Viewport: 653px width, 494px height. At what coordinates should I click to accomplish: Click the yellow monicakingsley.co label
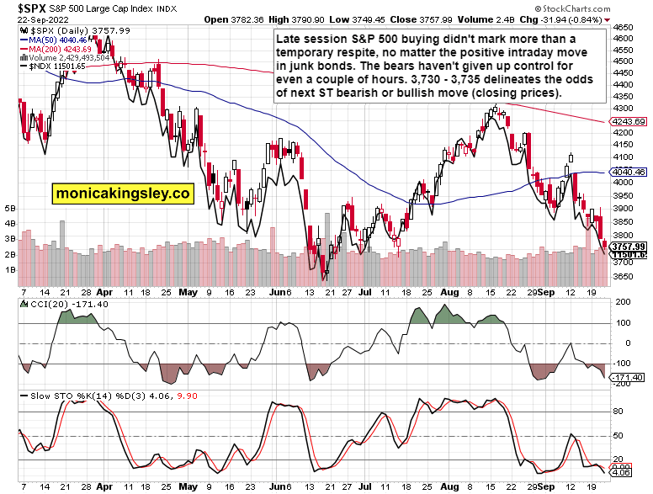pyautogui.click(x=123, y=194)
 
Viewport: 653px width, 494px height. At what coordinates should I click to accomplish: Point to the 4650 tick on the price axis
pyautogui.click(x=624, y=28)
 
